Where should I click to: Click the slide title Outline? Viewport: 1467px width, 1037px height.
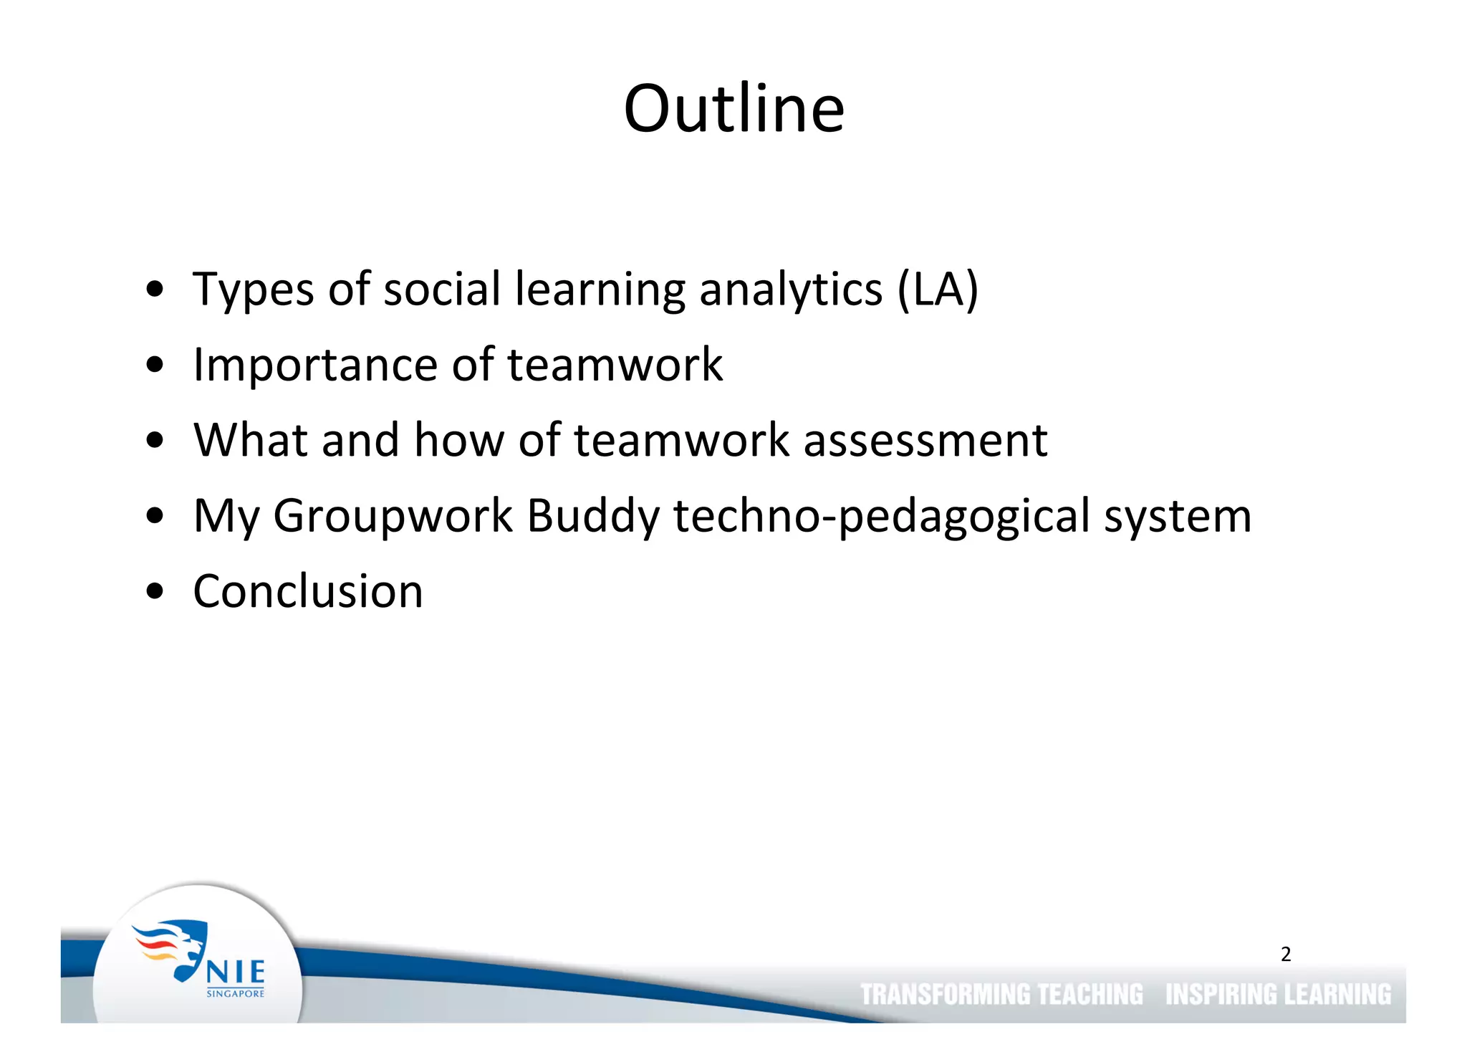click(733, 109)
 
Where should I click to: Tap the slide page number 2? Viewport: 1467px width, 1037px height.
click(1286, 954)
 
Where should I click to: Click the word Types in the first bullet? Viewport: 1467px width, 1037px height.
click(253, 290)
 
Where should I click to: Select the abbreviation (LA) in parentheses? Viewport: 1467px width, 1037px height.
click(938, 290)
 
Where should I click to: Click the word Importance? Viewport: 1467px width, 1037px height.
click(315, 365)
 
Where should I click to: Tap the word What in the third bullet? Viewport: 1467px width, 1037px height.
click(251, 440)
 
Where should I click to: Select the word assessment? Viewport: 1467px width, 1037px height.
click(925, 440)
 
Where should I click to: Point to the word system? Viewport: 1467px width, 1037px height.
click(1178, 516)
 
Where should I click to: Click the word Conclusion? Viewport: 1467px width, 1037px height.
click(308, 592)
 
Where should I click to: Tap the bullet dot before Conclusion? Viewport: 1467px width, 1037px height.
click(155, 593)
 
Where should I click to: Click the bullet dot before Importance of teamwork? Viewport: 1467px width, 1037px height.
click(155, 365)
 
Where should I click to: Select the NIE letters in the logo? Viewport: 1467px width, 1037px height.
click(236, 973)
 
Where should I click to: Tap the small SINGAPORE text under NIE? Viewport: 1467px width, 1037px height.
click(236, 994)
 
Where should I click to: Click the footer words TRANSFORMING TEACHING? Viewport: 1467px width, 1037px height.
click(1001, 995)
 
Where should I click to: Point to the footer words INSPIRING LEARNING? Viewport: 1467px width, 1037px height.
click(1278, 995)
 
